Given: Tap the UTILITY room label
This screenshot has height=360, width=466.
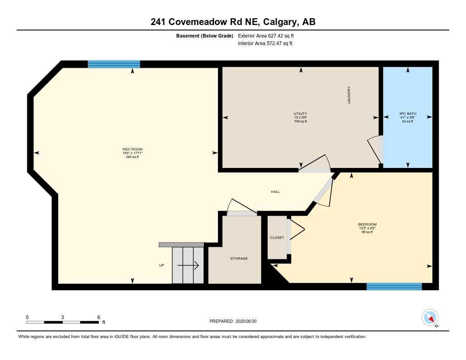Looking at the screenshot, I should [x=300, y=114].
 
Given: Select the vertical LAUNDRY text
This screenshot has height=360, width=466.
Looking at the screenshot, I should [x=349, y=95].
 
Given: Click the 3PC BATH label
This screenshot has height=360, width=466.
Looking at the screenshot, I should [x=407, y=114].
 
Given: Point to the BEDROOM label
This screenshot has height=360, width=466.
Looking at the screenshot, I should [x=367, y=224].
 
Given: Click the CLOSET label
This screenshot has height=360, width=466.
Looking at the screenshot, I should [x=277, y=238].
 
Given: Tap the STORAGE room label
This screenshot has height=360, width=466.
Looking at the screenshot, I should [x=238, y=259].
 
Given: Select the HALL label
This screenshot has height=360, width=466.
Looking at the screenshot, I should [x=275, y=192].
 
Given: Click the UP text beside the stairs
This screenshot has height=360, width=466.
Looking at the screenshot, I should [x=162, y=265].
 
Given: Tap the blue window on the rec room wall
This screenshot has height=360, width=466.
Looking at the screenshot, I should [x=114, y=64].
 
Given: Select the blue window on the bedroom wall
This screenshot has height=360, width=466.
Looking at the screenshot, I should [x=394, y=286].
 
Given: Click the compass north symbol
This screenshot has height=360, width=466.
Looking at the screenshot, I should [x=430, y=318].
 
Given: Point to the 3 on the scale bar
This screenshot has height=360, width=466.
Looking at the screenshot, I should [x=62, y=317].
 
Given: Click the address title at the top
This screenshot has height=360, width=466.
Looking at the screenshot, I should [x=233, y=22].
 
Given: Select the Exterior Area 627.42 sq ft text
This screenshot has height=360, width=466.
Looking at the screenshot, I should [x=269, y=35].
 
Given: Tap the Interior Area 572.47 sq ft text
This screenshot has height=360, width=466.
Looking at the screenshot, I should [x=265, y=44].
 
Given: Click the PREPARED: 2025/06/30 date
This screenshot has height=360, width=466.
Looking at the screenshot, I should [x=233, y=321].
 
